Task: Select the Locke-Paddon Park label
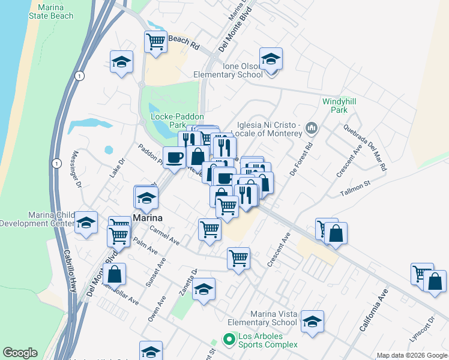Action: point(178,121)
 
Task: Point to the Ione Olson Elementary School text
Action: point(228,70)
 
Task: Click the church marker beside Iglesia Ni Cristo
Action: point(312,128)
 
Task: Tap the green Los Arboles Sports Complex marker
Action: point(228,340)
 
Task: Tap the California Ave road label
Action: point(374,311)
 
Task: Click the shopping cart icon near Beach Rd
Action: point(155,42)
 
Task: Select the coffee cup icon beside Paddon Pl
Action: point(175,158)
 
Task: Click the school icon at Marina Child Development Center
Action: point(86,222)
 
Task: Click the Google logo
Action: point(20,353)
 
